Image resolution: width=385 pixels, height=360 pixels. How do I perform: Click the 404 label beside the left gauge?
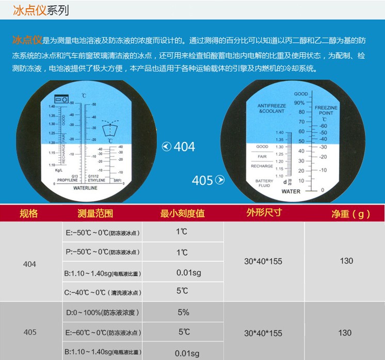point(184,146)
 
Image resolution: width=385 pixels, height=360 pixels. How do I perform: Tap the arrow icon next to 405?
point(220,180)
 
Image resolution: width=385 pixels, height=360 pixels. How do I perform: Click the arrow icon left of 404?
point(166,146)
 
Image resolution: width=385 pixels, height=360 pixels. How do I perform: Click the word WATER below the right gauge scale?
point(291,191)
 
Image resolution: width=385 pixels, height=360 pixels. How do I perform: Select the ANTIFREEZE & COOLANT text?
point(271,108)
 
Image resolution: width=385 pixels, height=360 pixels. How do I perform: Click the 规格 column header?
point(29,214)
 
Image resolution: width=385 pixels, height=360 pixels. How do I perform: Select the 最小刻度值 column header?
point(183,214)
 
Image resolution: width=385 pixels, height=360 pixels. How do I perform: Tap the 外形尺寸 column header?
point(264,213)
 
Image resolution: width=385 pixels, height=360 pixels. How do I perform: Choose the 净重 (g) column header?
point(350,214)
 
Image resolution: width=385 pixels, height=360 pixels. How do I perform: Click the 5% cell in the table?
point(183,313)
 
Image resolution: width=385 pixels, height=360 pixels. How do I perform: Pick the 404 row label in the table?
point(30,264)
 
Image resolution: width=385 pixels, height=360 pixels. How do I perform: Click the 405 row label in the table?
point(30,332)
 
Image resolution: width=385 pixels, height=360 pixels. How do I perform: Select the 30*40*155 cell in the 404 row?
point(263,261)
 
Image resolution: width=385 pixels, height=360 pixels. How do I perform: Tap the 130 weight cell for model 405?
point(345,333)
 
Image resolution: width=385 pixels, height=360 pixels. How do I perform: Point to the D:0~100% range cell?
point(103,313)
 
